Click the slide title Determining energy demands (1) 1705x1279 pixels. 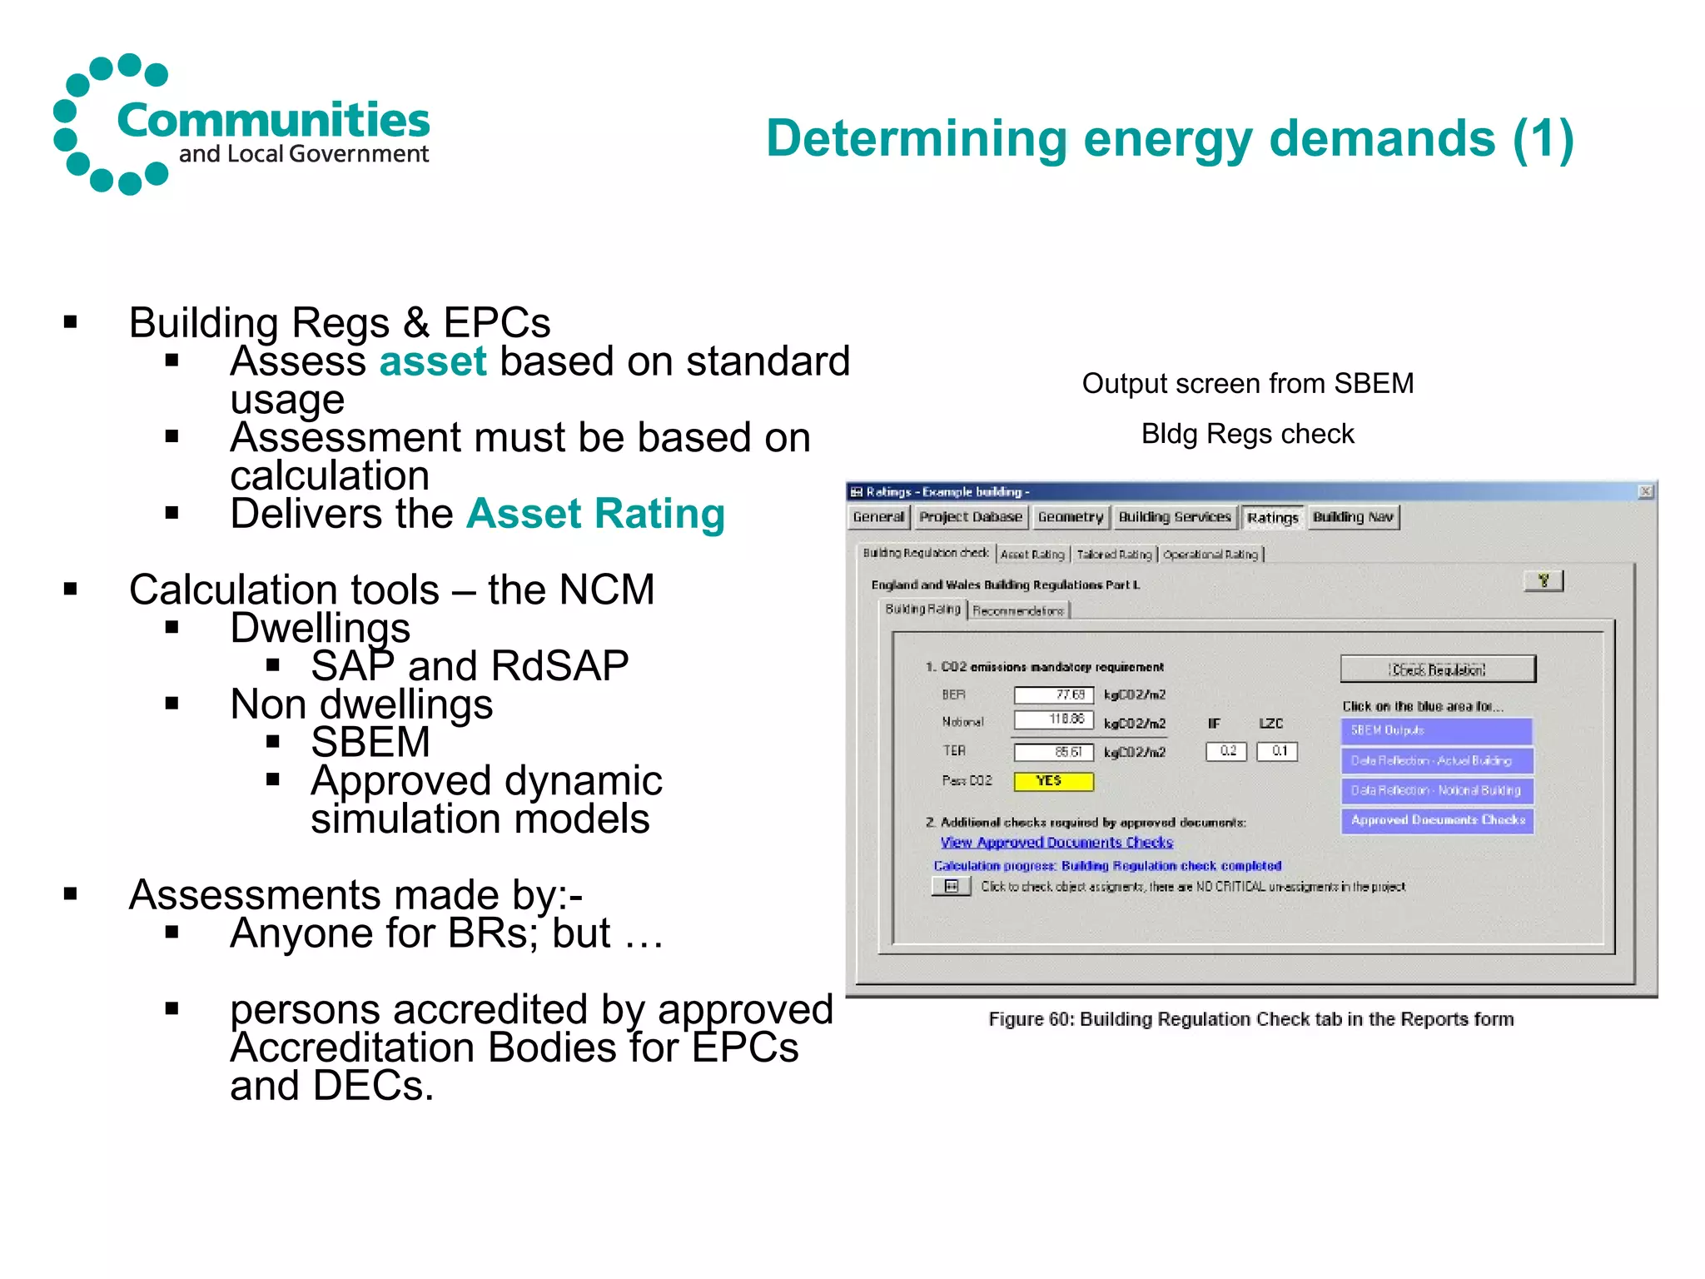(1170, 138)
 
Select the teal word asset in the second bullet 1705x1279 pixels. (432, 361)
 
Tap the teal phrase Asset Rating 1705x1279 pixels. (595, 514)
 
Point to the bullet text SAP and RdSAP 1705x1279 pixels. (470, 666)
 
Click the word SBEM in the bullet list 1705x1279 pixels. (370, 742)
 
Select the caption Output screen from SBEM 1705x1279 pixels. (1247, 383)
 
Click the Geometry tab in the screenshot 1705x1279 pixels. (1070, 517)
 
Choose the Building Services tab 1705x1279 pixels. (1174, 517)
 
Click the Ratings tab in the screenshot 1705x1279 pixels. (1272, 518)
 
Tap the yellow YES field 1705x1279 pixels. (1052, 781)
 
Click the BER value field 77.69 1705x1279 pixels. (1053, 694)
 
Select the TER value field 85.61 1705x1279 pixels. (1053, 752)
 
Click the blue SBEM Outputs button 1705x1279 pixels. (1436, 730)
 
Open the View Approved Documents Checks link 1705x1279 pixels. (1056, 843)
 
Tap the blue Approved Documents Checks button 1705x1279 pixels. (1437, 820)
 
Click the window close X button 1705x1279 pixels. (1645, 491)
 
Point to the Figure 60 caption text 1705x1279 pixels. (1250, 1019)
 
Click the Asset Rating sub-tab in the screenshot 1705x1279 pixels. (1032, 554)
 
